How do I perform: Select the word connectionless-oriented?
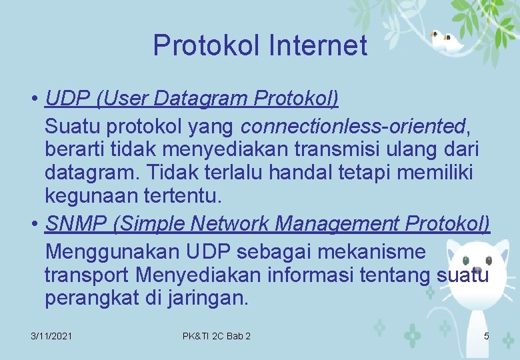(x=352, y=125)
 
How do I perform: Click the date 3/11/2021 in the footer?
(x=51, y=336)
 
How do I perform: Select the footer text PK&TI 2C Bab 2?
(x=217, y=336)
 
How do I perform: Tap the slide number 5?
(x=486, y=336)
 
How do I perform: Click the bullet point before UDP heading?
(x=33, y=100)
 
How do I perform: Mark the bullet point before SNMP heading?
(x=33, y=225)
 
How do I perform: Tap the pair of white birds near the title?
(x=445, y=41)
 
